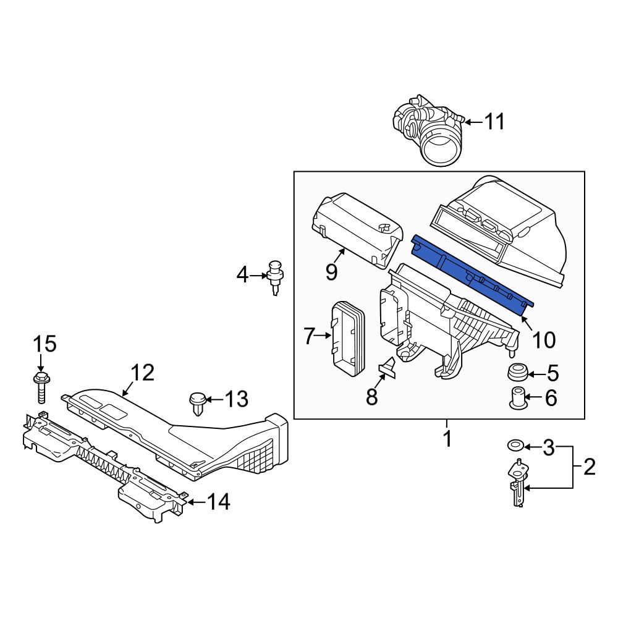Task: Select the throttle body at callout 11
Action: (x=429, y=129)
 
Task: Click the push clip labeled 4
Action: (x=276, y=277)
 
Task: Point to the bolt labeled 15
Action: (x=41, y=387)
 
